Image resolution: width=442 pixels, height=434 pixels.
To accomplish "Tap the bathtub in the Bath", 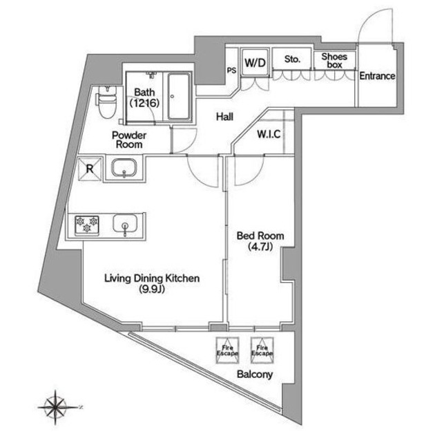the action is pyautogui.click(x=179, y=97).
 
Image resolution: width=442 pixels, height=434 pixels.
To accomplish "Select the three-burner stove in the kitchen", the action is pyautogui.click(x=87, y=225).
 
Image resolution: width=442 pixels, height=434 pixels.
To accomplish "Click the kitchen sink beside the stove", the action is pyautogui.click(x=125, y=225).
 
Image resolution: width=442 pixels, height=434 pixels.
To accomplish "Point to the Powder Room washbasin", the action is pyautogui.click(x=124, y=168).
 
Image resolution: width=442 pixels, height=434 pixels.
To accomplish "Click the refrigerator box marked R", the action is pyautogui.click(x=90, y=169).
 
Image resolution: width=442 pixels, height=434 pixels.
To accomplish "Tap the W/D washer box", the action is pyautogui.click(x=255, y=63).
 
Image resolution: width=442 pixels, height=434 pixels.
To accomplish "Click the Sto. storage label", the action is pyautogui.click(x=292, y=59).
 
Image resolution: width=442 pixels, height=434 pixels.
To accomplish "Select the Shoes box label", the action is pyautogui.click(x=334, y=61).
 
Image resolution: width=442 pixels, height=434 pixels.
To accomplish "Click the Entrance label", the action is pyautogui.click(x=377, y=76).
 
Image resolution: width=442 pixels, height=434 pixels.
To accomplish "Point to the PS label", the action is pyautogui.click(x=232, y=70).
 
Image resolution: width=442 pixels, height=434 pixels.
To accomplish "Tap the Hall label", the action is pyautogui.click(x=224, y=117).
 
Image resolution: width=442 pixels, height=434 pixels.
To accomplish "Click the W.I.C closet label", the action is pyautogui.click(x=269, y=134).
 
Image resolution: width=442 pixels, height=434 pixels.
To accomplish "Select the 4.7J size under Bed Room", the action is pyautogui.click(x=260, y=247).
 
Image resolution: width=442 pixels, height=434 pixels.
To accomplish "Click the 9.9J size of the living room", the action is pyautogui.click(x=152, y=290).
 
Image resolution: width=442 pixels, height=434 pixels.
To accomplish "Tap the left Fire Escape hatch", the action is pyautogui.click(x=227, y=350).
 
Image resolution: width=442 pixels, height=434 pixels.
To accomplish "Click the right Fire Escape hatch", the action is pyautogui.click(x=262, y=350).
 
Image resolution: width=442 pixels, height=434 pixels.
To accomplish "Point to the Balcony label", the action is pyautogui.click(x=255, y=375).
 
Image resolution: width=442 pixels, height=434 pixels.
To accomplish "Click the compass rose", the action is pyautogui.click(x=56, y=407).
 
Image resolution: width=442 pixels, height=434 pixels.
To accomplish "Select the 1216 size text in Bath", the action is pyautogui.click(x=144, y=103).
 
